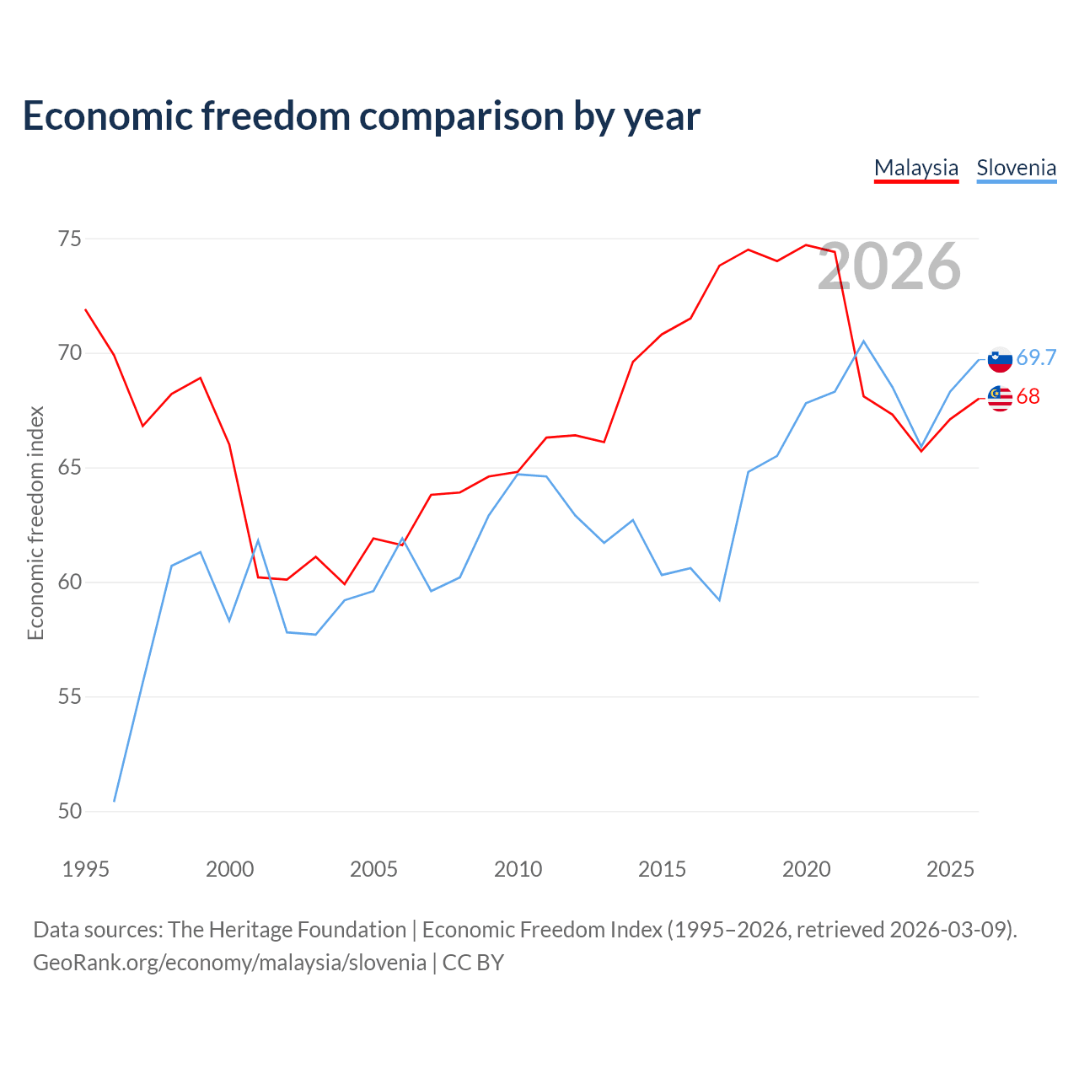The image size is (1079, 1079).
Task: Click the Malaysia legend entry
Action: coord(916,168)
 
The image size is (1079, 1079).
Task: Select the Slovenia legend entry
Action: coord(1017,168)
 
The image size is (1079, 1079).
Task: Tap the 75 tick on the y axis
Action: coord(70,239)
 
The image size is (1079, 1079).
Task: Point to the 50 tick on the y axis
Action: coord(70,811)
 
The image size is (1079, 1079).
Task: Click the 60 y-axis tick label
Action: coord(70,582)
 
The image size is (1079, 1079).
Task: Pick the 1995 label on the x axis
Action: coord(86,870)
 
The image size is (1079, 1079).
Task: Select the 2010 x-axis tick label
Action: coord(518,870)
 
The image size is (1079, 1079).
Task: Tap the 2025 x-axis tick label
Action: coord(950,870)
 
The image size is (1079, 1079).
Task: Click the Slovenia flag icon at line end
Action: coord(1000,359)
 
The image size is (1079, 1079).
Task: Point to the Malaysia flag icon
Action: coord(1000,399)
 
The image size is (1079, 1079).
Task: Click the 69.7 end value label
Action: coord(1036,357)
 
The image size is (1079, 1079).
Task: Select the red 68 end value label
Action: coord(1028,397)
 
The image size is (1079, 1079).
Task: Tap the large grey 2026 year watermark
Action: coord(889,266)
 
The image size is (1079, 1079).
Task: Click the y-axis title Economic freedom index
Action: coord(36,523)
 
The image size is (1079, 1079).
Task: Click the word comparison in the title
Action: coord(461,116)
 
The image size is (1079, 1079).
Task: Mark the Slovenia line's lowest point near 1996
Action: coord(115,802)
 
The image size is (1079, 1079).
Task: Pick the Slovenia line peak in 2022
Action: coord(863,341)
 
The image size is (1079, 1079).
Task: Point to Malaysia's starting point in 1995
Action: coord(86,309)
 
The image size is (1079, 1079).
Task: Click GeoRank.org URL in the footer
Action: coord(229,963)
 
